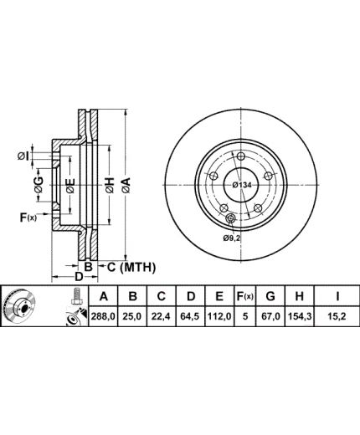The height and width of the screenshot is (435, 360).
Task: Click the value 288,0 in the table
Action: click(103, 316)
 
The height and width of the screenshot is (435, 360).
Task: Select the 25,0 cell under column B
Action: click(133, 316)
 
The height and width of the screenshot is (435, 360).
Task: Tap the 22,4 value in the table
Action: click(161, 316)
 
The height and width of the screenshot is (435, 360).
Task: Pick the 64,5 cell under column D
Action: click(190, 316)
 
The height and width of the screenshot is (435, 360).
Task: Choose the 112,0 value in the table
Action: click(219, 316)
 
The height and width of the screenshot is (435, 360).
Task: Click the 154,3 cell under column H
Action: click(299, 316)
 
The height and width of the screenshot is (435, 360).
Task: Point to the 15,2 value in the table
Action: click(337, 316)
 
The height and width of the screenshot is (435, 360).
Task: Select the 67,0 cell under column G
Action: click(270, 316)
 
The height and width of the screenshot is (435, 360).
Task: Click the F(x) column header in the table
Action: click(245, 296)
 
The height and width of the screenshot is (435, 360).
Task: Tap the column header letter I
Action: click(337, 296)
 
